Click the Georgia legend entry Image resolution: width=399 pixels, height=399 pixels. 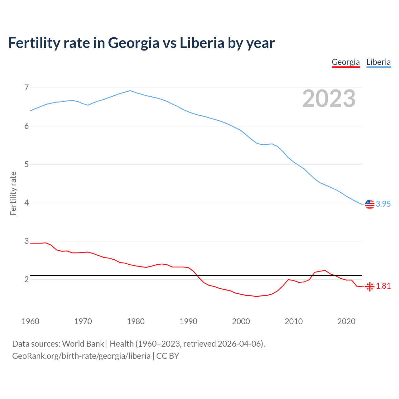tap(346, 62)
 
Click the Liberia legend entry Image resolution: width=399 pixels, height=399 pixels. tap(378, 62)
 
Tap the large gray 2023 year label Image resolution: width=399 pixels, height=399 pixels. tap(329, 99)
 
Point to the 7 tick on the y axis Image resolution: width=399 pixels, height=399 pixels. tap(26, 88)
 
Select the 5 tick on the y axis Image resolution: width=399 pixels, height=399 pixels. tap(26, 164)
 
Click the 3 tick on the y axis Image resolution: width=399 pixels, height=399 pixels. tap(26, 241)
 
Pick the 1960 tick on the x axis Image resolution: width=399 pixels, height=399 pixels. tap(30, 321)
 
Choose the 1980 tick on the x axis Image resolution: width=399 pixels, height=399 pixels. tap(136, 321)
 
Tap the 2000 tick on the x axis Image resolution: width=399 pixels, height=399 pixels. tap(241, 321)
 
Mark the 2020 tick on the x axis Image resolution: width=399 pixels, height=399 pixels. tap(346, 321)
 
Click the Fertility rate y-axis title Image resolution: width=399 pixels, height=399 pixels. tap(13, 193)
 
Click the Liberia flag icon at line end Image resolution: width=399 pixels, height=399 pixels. tap(370, 204)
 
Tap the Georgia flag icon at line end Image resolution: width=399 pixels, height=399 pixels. tap(370, 286)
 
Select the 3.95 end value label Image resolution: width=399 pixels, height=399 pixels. tap(383, 204)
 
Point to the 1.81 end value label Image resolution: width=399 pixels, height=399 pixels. tap(383, 286)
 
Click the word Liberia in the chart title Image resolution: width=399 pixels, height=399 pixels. tap(202, 43)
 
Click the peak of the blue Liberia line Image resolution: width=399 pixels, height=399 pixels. tap(130, 91)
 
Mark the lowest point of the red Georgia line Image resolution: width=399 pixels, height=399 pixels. tap(257, 296)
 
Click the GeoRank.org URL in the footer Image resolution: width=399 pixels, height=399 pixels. tap(81, 356)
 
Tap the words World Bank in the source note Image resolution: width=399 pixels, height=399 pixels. tap(83, 344)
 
